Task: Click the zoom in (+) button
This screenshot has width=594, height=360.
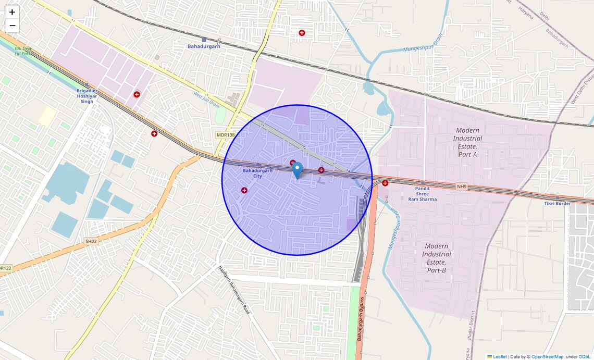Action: [12, 12]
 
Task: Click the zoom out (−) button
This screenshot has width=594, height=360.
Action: [12, 26]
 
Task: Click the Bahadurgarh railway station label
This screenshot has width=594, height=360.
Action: [204, 46]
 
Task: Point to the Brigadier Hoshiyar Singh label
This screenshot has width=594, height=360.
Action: [86, 96]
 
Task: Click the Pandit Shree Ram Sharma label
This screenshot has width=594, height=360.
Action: [422, 194]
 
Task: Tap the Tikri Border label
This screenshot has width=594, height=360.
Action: [558, 203]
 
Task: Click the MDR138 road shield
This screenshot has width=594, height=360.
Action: [226, 135]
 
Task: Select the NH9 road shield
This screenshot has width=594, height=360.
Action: [462, 186]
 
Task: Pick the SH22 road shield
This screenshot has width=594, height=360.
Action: [91, 241]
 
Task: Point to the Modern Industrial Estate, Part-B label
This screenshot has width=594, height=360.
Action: [437, 258]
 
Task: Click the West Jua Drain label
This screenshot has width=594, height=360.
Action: [206, 98]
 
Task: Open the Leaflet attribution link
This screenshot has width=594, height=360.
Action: [499, 356]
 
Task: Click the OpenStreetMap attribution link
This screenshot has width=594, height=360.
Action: [547, 356]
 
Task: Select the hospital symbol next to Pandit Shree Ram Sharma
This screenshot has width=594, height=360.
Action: [385, 183]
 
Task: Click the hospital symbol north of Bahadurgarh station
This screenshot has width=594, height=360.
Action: [302, 33]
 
